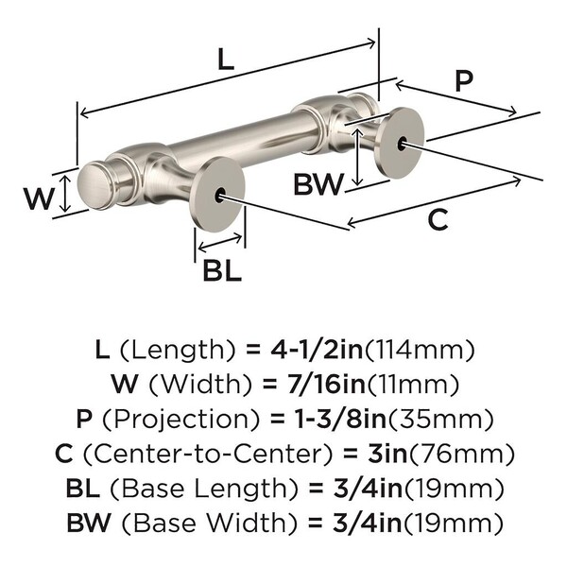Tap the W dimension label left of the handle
[x=37, y=198]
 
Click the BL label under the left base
[x=222, y=271]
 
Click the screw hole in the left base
[x=220, y=195]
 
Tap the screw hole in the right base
[x=404, y=144]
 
